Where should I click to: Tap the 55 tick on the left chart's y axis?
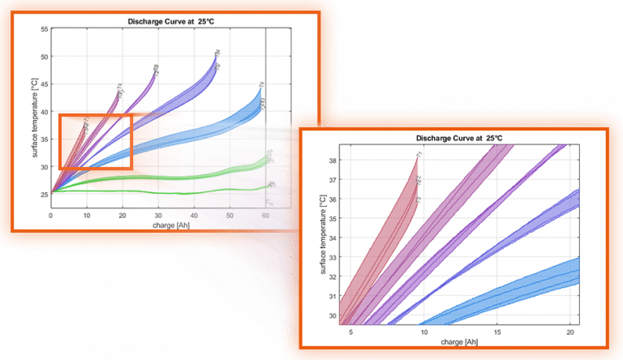[45, 30]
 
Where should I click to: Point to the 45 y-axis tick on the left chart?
[45, 84]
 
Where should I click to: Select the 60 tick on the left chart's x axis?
[266, 215]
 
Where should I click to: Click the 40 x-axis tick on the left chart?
[195, 215]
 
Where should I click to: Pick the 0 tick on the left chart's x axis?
[51, 215]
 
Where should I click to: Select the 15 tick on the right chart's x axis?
[496, 332]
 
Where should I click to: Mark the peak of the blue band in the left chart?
[260, 86]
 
